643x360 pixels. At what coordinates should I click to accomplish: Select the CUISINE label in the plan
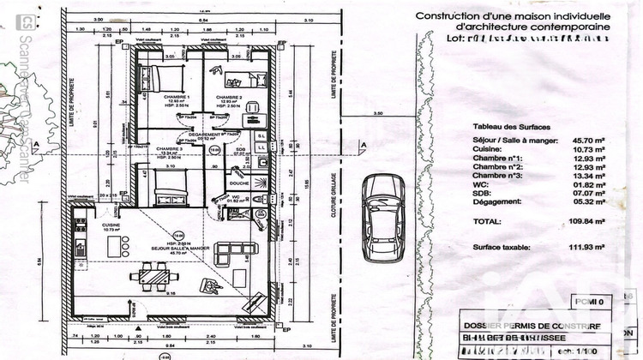click(x=111, y=225)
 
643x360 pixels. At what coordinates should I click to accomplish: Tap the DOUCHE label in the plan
click(x=238, y=183)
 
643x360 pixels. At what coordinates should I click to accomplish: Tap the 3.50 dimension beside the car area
click(x=377, y=114)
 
